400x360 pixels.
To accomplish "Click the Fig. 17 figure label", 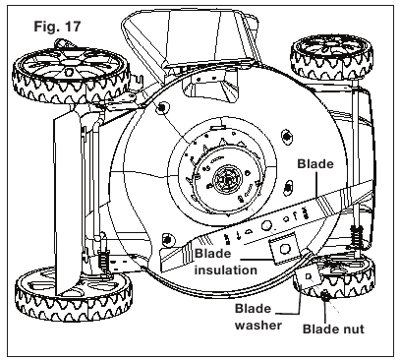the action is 57,27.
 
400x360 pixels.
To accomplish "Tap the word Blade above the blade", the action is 315,164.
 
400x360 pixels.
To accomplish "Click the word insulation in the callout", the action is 226,270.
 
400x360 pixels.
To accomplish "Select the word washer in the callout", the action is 258,326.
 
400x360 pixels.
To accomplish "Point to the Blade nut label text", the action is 333,329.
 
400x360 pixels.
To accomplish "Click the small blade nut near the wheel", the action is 325,297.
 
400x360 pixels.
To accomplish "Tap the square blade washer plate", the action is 309,276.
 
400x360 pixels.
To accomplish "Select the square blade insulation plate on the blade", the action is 284,249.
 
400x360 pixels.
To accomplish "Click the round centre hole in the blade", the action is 266,225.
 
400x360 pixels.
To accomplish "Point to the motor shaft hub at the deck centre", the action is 227,180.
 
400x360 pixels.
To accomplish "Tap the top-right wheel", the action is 331,57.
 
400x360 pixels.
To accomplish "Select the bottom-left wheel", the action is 74,294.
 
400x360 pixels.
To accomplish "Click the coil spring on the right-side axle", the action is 357,235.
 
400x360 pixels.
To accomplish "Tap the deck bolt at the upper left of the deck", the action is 161,107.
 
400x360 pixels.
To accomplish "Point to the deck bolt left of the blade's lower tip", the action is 168,239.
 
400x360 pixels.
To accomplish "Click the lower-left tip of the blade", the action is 161,262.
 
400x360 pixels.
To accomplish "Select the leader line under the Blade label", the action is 317,184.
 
